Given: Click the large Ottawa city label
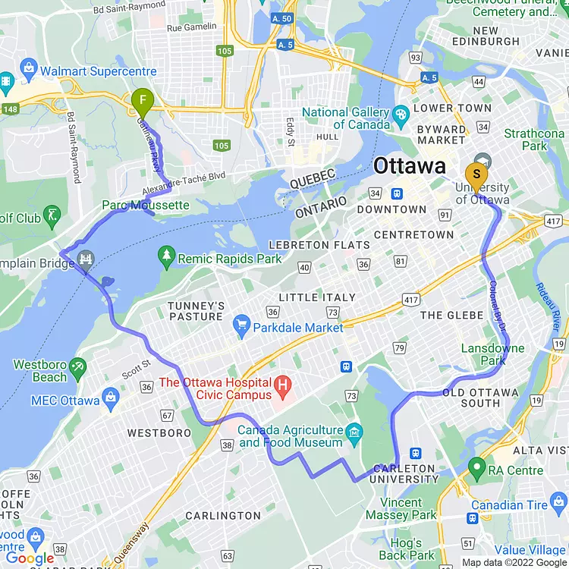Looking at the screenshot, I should point(409,166).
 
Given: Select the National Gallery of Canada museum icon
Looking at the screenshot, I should point(401,113).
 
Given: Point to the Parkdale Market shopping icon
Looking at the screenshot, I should point(242,327).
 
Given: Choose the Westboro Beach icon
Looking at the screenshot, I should point(77,370).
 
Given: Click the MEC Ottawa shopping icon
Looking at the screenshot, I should point(112,399).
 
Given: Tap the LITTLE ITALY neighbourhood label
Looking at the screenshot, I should point(317,297).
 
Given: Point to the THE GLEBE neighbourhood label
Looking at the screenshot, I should point(451,315).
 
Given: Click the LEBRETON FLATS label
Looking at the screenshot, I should point(321,245).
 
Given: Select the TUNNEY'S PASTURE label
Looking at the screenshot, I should point(196,311).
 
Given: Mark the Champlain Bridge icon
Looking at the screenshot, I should point(86,260).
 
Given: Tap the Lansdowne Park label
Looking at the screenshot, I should point(492,354).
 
